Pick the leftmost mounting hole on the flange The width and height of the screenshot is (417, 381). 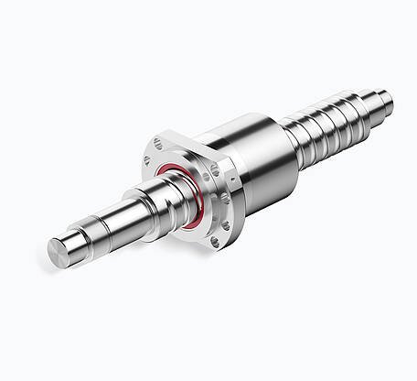click(146, 162)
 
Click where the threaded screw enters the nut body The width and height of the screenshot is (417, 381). click(291, 137)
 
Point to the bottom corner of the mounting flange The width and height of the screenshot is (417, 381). click(214, 249)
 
